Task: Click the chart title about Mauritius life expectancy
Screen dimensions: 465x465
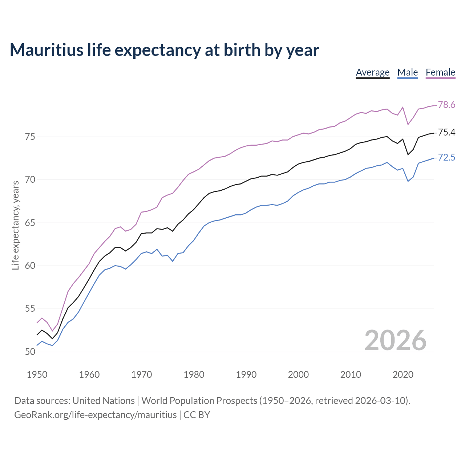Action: (x=164, y=50)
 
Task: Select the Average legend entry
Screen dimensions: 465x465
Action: (x=372, y=72)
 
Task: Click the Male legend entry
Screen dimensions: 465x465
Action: (x=407, y=72)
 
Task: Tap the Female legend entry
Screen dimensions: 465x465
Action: (x=440, y=72)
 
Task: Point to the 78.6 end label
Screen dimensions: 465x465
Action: (x=446, y=105)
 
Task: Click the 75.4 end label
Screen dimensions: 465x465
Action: (x=446, y=133)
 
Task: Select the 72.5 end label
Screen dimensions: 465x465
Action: (x=446, y=158)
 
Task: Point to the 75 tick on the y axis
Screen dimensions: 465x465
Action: (x=30, y=137)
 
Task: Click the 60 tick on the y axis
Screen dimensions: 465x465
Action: (x=30, y=266)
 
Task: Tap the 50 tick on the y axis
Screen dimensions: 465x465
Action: (x=30, y=352)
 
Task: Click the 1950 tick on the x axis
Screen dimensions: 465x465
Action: (x=37, y=375)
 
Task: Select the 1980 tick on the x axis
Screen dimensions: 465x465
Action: (x=194, y=375)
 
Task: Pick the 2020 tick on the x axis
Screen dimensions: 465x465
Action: (x=403, y=375)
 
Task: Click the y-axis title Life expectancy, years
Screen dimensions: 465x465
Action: (x=16, y=225)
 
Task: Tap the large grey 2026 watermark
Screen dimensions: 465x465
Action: (x=395, y=340)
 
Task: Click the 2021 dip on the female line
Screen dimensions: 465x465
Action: (x=408, y=125)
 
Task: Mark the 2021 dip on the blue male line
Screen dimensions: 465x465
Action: (x=408, y=181)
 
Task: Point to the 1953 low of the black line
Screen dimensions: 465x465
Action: (x=52, y=339)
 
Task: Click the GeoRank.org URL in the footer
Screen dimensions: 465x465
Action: (x=95, y=415)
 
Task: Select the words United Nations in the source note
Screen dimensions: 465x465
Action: (x=104, y=401)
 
